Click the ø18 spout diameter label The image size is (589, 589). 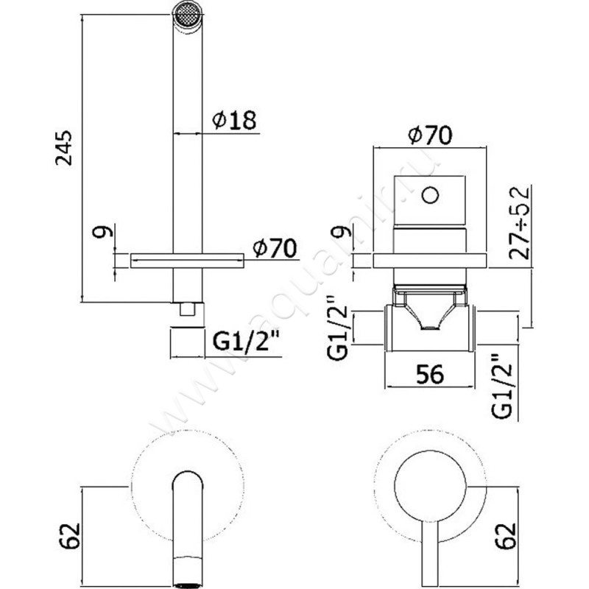click(234, 120)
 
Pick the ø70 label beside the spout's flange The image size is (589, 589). click(274, 249)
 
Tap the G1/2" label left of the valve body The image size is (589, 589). click(336, 324)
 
